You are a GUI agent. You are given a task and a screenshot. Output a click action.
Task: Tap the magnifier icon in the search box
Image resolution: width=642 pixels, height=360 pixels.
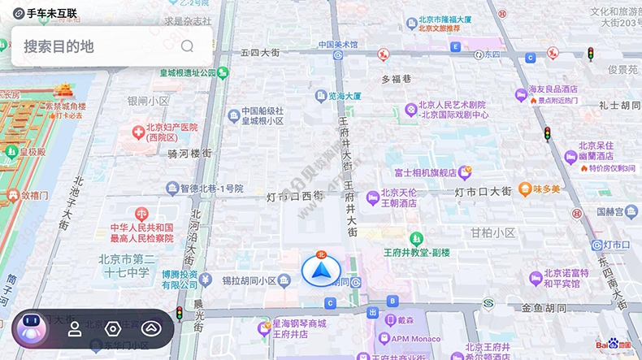[188, 46]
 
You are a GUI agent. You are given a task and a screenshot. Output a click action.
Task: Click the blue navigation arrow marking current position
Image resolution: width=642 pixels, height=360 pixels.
[320, 271]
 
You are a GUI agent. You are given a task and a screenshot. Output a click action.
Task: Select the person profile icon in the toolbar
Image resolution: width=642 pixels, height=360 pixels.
[74, 329]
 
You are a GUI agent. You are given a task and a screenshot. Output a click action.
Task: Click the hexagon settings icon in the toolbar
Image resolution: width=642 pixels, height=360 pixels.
[113, 329]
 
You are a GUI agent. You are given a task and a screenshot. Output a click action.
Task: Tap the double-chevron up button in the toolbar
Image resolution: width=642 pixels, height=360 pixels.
[151, 329]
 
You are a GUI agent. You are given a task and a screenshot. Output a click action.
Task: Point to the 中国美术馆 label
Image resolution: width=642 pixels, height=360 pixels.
[338, 45]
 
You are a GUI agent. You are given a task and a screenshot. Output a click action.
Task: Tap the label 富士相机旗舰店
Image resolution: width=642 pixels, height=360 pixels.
[426, 172]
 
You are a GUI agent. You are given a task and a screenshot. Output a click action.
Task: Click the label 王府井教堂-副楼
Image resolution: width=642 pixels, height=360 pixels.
[417, 252]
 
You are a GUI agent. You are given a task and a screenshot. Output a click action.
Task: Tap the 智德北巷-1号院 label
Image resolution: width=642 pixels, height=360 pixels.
[206, 189]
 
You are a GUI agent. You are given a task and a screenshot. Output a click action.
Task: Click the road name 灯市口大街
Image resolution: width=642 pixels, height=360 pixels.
[483, 192]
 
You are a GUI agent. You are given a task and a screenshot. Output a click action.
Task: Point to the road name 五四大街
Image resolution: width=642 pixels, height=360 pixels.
[260, 53]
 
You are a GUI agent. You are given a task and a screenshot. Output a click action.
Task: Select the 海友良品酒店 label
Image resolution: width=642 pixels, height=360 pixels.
[553, 89]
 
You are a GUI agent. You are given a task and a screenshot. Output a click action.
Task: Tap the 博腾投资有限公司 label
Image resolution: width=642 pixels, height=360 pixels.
[179, 280]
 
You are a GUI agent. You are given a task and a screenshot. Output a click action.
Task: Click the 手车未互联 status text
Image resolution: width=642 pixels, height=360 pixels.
[50, 13]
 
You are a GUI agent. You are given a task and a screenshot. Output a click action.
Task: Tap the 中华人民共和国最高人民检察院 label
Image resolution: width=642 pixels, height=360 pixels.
[142, 232]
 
